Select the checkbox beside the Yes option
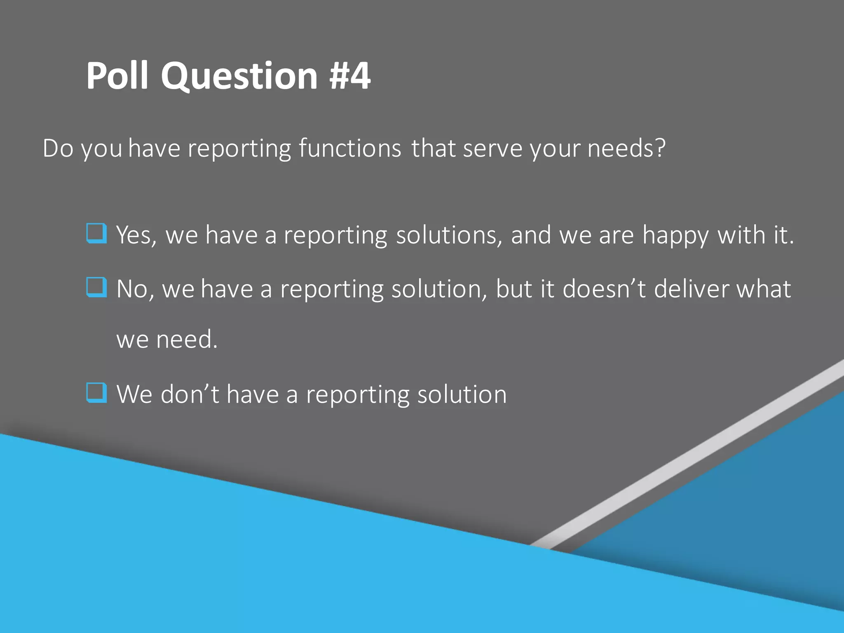coord(97,233)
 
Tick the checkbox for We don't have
coord(97,392)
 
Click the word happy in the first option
coord(676,236)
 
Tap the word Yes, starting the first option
coord(136,236)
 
